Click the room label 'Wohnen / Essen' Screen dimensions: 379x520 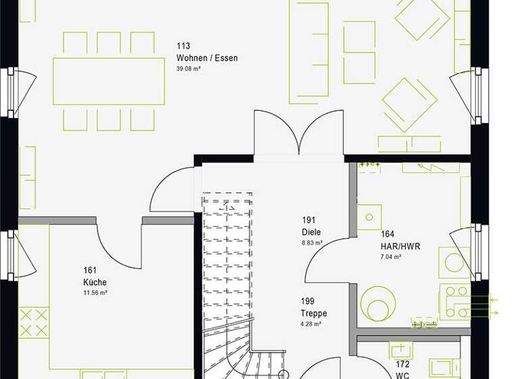pos(207,58)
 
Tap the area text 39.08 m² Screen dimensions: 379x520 pos(189,69)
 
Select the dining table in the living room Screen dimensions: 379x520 pos(109,81)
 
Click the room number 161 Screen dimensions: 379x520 pos(89,271)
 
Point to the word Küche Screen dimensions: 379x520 pos(95,282)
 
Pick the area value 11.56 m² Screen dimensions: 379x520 pos(95,292)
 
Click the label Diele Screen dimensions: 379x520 pos(311,231)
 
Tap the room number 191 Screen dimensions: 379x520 pos(309,221)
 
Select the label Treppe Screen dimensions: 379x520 pos(313,313)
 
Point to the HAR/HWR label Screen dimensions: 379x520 pos(400,247)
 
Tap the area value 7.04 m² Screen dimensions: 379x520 pos(391,257)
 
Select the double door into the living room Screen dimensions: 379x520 pos(299,132)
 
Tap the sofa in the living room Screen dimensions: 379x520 pos(308,52)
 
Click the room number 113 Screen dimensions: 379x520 pos(183,47)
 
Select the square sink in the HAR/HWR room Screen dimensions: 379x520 pos(370,217)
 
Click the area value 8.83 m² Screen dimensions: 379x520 pos(312,242)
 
